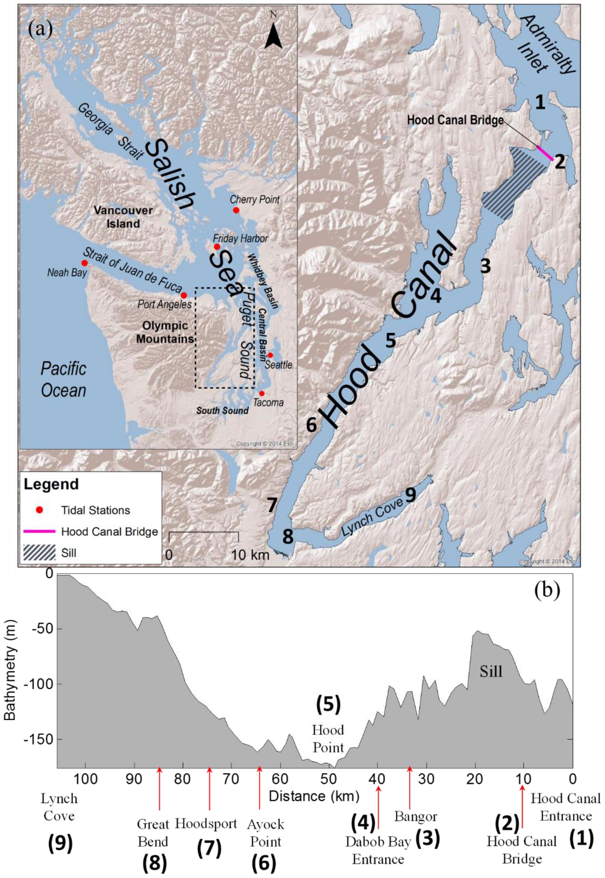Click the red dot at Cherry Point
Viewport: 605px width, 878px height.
tap(236, 210)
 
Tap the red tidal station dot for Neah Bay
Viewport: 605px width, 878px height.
tap(84, 263)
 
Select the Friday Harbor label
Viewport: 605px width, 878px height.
tap(240, 239)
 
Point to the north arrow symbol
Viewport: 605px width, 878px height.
tap(273, 36)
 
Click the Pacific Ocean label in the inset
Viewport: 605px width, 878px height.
tap(63, 379)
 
